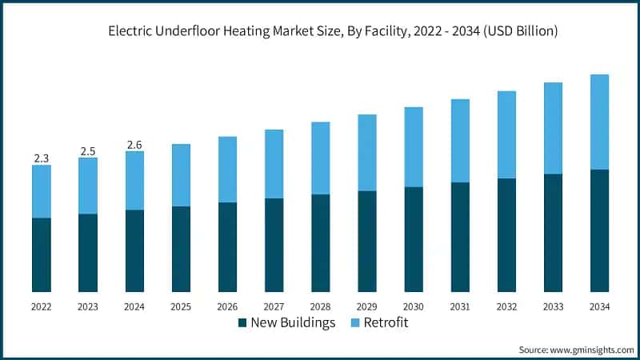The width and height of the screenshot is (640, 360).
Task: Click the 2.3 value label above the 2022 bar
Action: (x=42, y=158)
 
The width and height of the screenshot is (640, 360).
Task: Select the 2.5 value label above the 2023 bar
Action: (x=88, y=151)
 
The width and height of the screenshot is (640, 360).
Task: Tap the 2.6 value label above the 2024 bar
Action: (x=134, y=145)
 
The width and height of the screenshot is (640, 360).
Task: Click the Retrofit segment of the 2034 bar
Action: (x=599, y=122)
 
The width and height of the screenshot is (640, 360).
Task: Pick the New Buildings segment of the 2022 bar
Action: (x=42, y=254)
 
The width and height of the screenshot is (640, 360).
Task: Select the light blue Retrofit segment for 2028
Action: (x=321, y=158)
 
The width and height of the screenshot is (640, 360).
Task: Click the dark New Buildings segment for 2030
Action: (x=414, y=239)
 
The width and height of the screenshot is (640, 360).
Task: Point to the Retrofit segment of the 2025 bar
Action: (x=181, y=175)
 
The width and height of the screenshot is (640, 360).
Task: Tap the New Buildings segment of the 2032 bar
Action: (x=506, y=234)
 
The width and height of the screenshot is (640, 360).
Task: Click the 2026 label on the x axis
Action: (x=227, y=306)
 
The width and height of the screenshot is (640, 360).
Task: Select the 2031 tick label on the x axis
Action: (x=460, y=306)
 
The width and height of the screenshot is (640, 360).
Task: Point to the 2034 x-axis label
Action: (x=599, y=306)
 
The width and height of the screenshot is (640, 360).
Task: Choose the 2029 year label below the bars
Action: (x=367, y=306)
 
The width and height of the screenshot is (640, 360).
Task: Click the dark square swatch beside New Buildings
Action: (x=242, y=323)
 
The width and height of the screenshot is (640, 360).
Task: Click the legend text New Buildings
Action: (x=293, y=323)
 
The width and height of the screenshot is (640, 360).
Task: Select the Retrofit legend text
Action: (x=386, y=323)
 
